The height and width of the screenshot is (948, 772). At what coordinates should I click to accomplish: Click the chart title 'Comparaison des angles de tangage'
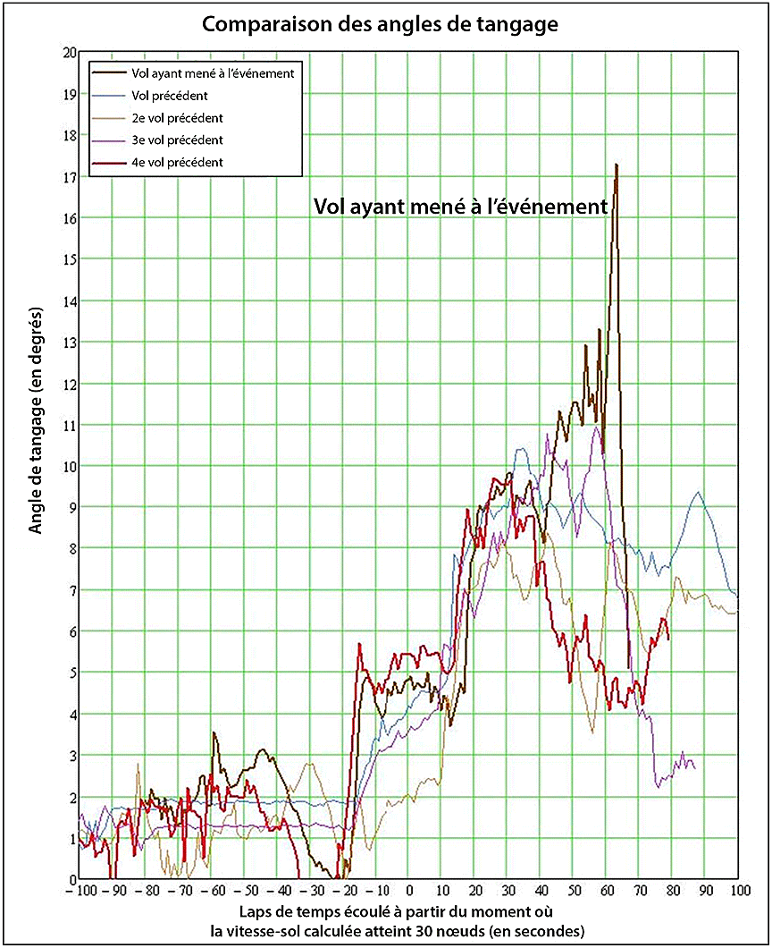click(x=380, y=24)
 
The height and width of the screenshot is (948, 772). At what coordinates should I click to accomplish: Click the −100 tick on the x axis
click(x=80, y=892)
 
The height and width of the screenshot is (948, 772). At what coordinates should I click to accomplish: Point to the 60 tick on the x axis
click(x=607, y=892)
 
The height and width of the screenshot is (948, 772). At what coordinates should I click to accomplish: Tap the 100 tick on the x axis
click(x=738, y=892)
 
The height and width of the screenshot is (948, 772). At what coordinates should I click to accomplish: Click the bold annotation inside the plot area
click(x=461, y=206)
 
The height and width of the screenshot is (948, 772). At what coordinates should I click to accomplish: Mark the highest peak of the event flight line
click(x=617, y=165)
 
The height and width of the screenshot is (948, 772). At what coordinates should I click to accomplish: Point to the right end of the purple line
click(x=695, y=768)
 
